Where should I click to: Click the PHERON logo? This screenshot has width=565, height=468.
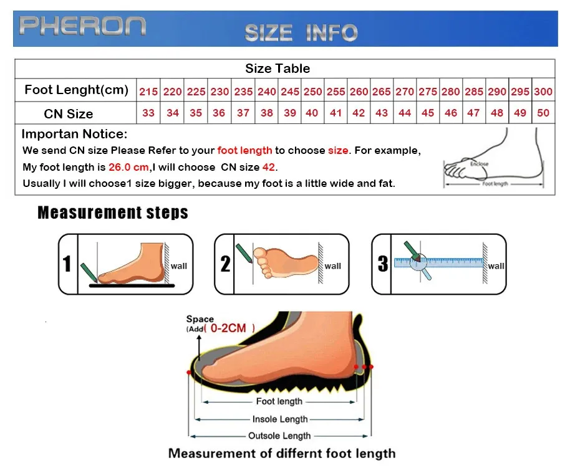tap(82, 26)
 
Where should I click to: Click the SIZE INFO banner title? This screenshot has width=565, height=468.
tap(301, 32)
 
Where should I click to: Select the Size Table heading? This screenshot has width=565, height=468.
tap(278, 69)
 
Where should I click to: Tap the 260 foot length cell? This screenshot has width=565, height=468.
tap(359, 92)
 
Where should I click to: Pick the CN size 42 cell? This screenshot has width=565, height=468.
tap(359, 113)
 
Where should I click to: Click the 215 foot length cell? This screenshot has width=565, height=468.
tap(148, 92)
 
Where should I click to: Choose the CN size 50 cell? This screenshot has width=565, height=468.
tap(543, 113)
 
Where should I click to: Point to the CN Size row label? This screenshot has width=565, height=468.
tap(69, 114)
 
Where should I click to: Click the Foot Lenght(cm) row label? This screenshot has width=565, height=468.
tap(76, 90)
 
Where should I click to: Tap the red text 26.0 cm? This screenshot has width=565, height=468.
tap(128, 167)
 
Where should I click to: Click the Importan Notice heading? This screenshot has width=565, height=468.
tap(74, 135)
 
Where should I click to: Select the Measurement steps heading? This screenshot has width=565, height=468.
tap(113, 213)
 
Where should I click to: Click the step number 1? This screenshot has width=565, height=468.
tap(67, 264)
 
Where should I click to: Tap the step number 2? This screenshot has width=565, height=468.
tap(225, 264)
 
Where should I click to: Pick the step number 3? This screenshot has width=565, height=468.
tap(383, 264)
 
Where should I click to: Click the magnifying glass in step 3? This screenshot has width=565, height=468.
tap(418, 262)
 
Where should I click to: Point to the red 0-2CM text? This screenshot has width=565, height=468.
tap(228, 327)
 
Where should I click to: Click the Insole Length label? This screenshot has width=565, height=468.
tap(280, 419)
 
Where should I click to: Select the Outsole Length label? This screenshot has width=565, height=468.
tap(279, 436)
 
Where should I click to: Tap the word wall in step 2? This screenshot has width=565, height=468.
tap(332, 266)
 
